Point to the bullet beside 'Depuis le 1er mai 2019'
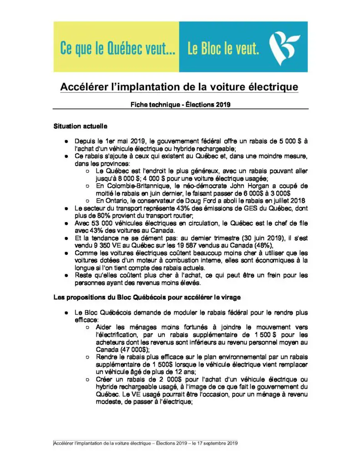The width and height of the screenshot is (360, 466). (66, 142)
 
